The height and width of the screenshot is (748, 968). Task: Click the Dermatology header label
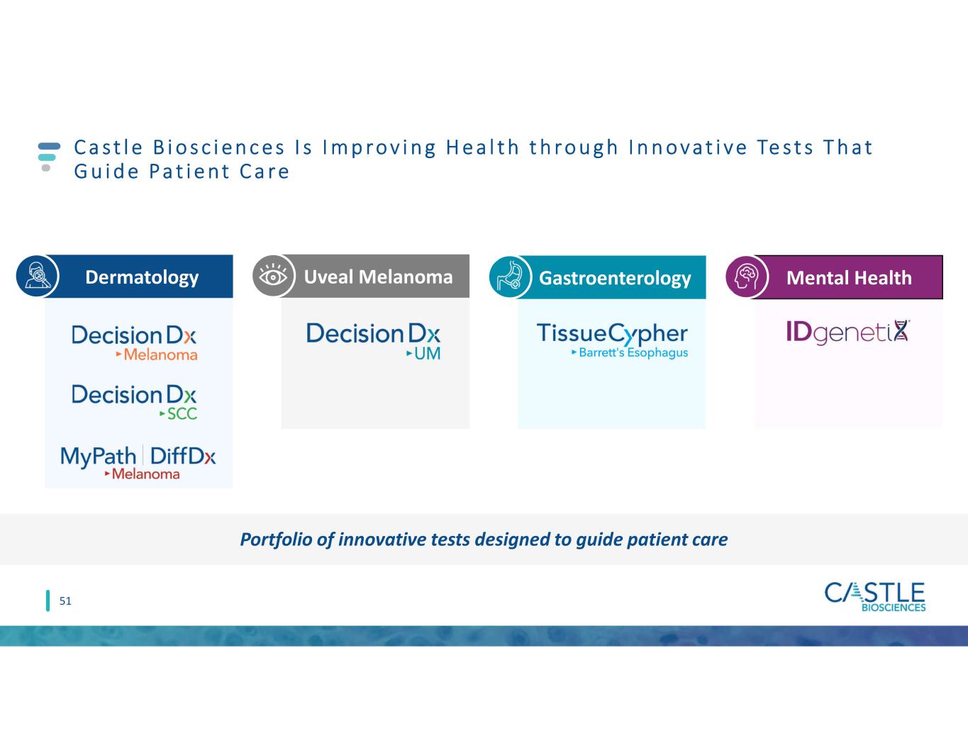tap(142, 277)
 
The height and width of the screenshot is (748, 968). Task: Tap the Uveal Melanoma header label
tap(378, 277)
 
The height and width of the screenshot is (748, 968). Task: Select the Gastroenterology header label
tap(615, 278)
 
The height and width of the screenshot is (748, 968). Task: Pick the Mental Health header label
tap(849, 278)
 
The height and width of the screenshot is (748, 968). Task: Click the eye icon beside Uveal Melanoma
tap(273, 276)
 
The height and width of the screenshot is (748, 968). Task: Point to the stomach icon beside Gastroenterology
tap(510, 277)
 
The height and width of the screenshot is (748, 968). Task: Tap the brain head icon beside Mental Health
tap(747, 277)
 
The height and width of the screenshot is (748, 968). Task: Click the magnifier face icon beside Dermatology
tap(38, 276)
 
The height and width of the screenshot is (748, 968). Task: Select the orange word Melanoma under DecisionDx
tap(161, 355)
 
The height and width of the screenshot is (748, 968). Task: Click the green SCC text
tap(182, 414)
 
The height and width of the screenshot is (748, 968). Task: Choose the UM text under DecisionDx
tap(428, 354)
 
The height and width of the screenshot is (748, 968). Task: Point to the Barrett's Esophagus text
tap(633, 352)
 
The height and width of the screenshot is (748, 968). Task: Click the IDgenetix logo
tap(848, 332)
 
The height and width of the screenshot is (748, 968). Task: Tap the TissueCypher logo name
tap(612, 334)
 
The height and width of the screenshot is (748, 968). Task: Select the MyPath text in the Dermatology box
tap(98, 457)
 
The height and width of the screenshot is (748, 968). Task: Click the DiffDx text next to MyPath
tap(183, 456)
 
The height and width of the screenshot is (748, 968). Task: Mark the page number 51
tap(65, 601)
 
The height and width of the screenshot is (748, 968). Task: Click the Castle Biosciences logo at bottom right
tap(875, 596)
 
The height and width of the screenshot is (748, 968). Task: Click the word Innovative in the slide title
tap(688, 147)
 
